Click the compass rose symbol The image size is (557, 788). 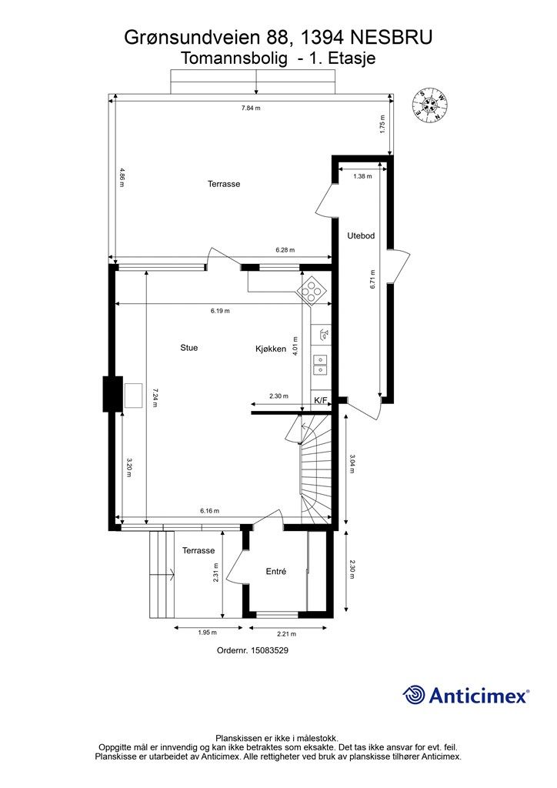[x=429, y=105]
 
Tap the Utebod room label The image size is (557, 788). [x=361, y=235]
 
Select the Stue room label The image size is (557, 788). [x=188, y=347]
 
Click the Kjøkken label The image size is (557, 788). [x=271, y=349]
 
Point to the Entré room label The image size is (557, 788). [x=275, y=572]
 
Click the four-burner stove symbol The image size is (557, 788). [x=312, y=292]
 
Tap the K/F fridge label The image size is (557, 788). [x=321, y=400]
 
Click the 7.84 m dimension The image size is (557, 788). [x=251, y=108]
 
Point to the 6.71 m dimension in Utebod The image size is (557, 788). [x=372, y=279]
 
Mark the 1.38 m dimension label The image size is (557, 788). [x=362, y=176]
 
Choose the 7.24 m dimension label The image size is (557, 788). [x=155, y=397]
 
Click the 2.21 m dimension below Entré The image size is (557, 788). [x=286, y=634]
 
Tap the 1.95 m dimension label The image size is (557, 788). [x=207, y=633]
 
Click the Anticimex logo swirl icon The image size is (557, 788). [x=414, y=695]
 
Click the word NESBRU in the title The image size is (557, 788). [x=391, y=38]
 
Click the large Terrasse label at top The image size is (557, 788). [x=224, y=184]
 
